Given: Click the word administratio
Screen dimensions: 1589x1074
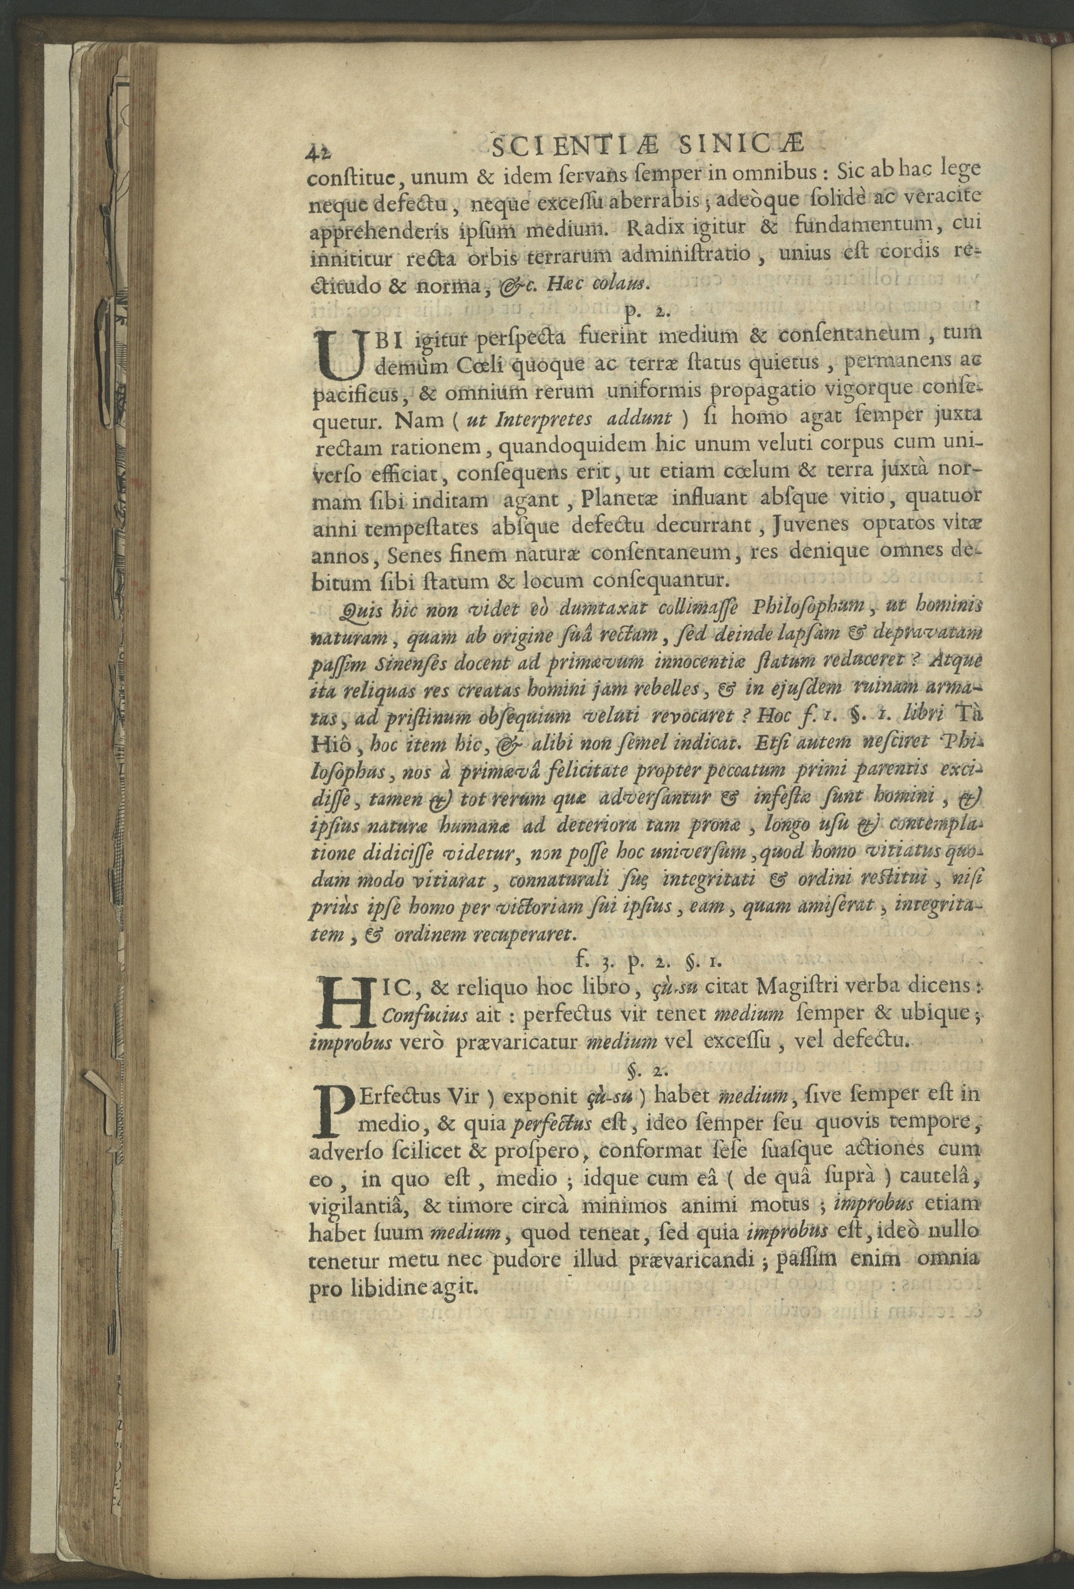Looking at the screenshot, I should coord(679,257).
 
